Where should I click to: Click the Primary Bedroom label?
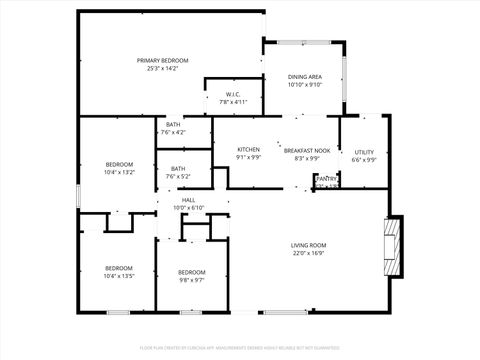162,60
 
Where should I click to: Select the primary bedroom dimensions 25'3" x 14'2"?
162,68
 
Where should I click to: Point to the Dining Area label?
304,77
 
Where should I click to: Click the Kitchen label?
248,150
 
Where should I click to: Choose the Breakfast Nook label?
307,150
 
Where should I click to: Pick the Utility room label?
364,152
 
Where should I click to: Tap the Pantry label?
328,178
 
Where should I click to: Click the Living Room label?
309,245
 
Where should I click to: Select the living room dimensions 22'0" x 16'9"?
309,253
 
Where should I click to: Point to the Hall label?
188,200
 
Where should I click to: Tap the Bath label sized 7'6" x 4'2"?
173,124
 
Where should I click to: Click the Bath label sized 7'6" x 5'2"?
178,168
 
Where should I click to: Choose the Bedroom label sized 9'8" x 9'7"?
192,272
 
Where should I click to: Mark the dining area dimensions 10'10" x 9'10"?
304,85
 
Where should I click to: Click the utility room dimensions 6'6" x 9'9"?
364,160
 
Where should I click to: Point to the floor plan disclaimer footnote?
239,348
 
